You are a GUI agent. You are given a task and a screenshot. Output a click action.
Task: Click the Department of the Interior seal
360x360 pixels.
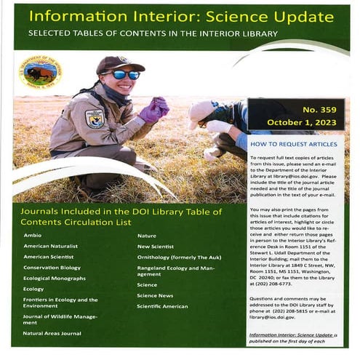(41, 73)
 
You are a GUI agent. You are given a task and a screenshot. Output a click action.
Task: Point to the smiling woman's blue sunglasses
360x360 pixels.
(126, 74)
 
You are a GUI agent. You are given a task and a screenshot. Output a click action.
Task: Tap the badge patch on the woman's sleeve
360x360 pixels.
(95, 118)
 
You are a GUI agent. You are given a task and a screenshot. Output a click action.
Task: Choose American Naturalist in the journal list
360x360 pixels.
(50, 246)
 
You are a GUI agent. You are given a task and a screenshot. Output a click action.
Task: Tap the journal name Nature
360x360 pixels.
(147, 236)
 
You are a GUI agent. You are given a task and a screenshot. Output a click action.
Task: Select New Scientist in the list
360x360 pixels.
(157, 247)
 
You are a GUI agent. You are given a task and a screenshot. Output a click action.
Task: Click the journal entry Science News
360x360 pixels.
(155, 296)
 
